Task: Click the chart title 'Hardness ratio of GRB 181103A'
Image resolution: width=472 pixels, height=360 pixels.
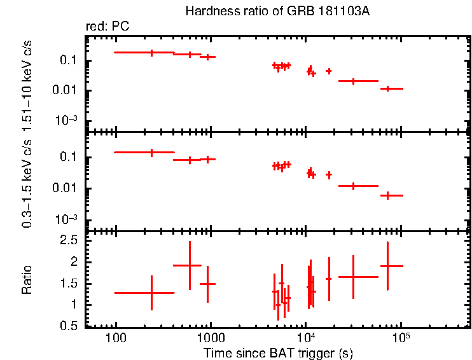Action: [277, 11]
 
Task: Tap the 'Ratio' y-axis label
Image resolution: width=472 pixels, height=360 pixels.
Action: [27, 280]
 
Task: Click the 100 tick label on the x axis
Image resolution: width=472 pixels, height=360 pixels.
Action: [116, 337]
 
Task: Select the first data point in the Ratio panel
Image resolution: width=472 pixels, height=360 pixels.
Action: [151, 293]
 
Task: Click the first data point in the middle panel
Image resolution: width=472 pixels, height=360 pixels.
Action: [151, 152]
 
